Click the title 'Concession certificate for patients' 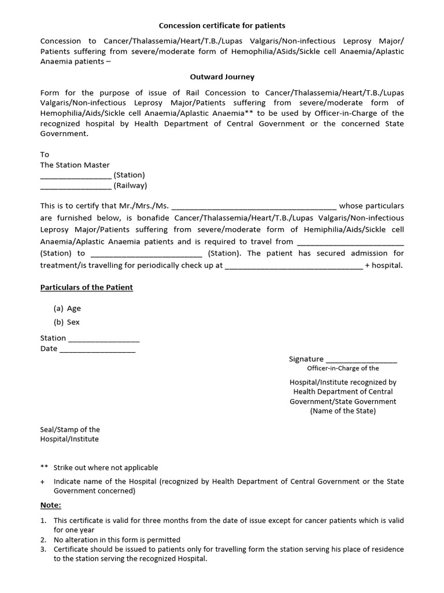click(222, 25)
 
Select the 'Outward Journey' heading click(222, 76)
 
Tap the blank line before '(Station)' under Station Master click(76, 176)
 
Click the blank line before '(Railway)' click(76, 186)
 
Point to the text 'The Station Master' click(75, 165)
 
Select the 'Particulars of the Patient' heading click(86, 287)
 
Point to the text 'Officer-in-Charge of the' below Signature click(343, 368)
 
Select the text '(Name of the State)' click(343, 411)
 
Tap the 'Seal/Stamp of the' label click(70, 430)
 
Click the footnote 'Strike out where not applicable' click(106, 467)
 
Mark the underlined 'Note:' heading click(50, 505)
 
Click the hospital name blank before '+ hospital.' click(294, 267)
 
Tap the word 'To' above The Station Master click(45, 155)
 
